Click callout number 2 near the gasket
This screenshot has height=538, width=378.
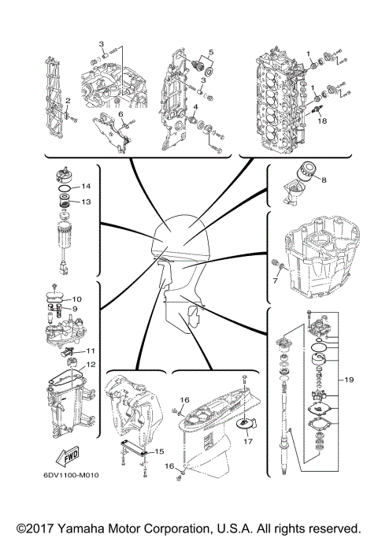click(x=69, y=101)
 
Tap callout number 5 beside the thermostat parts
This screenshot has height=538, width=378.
click(x=209, y=54)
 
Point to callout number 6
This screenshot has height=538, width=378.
click(x=121, y=114)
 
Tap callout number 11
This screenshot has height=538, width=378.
click(x=91, y=351)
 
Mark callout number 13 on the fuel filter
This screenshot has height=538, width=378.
click(x=87, y=202)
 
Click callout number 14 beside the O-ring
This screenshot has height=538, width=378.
click(x=87, y=186)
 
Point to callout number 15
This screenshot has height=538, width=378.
click(x=158, y=451)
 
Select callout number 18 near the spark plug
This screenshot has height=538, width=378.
click(x=321, y=121)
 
